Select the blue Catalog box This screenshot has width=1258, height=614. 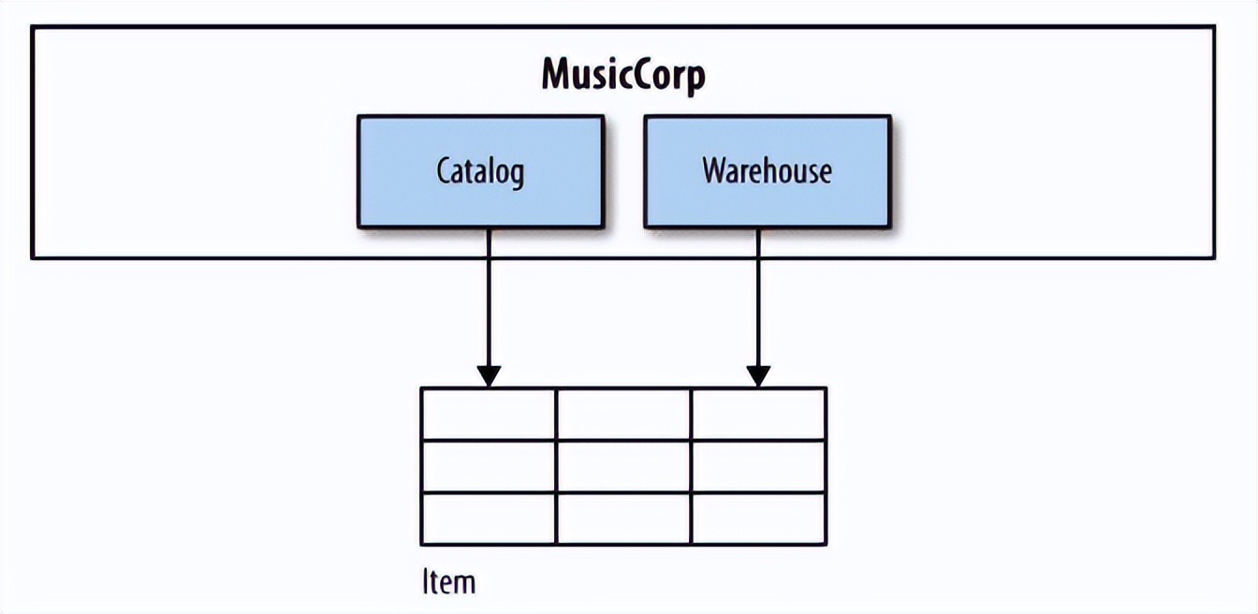480,171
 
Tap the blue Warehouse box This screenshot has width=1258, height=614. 767,171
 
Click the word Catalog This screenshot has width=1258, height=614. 480,172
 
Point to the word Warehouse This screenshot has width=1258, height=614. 767,171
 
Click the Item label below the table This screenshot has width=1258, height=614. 448,582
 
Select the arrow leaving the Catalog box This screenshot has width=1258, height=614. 489,300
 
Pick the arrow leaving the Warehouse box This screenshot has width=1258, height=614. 758,300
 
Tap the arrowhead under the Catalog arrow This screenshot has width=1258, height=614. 489,376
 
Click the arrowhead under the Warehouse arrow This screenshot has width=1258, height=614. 758,376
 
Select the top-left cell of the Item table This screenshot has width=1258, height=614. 489,414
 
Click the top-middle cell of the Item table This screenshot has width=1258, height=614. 623,414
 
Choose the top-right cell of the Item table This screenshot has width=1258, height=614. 758,414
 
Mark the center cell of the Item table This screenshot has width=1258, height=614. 623,466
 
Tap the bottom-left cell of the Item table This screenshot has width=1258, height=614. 489,518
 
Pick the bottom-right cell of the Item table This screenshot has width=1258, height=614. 758,518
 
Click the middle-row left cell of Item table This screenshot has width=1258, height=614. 489,466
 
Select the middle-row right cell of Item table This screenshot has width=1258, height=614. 758,466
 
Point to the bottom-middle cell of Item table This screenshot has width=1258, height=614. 623,518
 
